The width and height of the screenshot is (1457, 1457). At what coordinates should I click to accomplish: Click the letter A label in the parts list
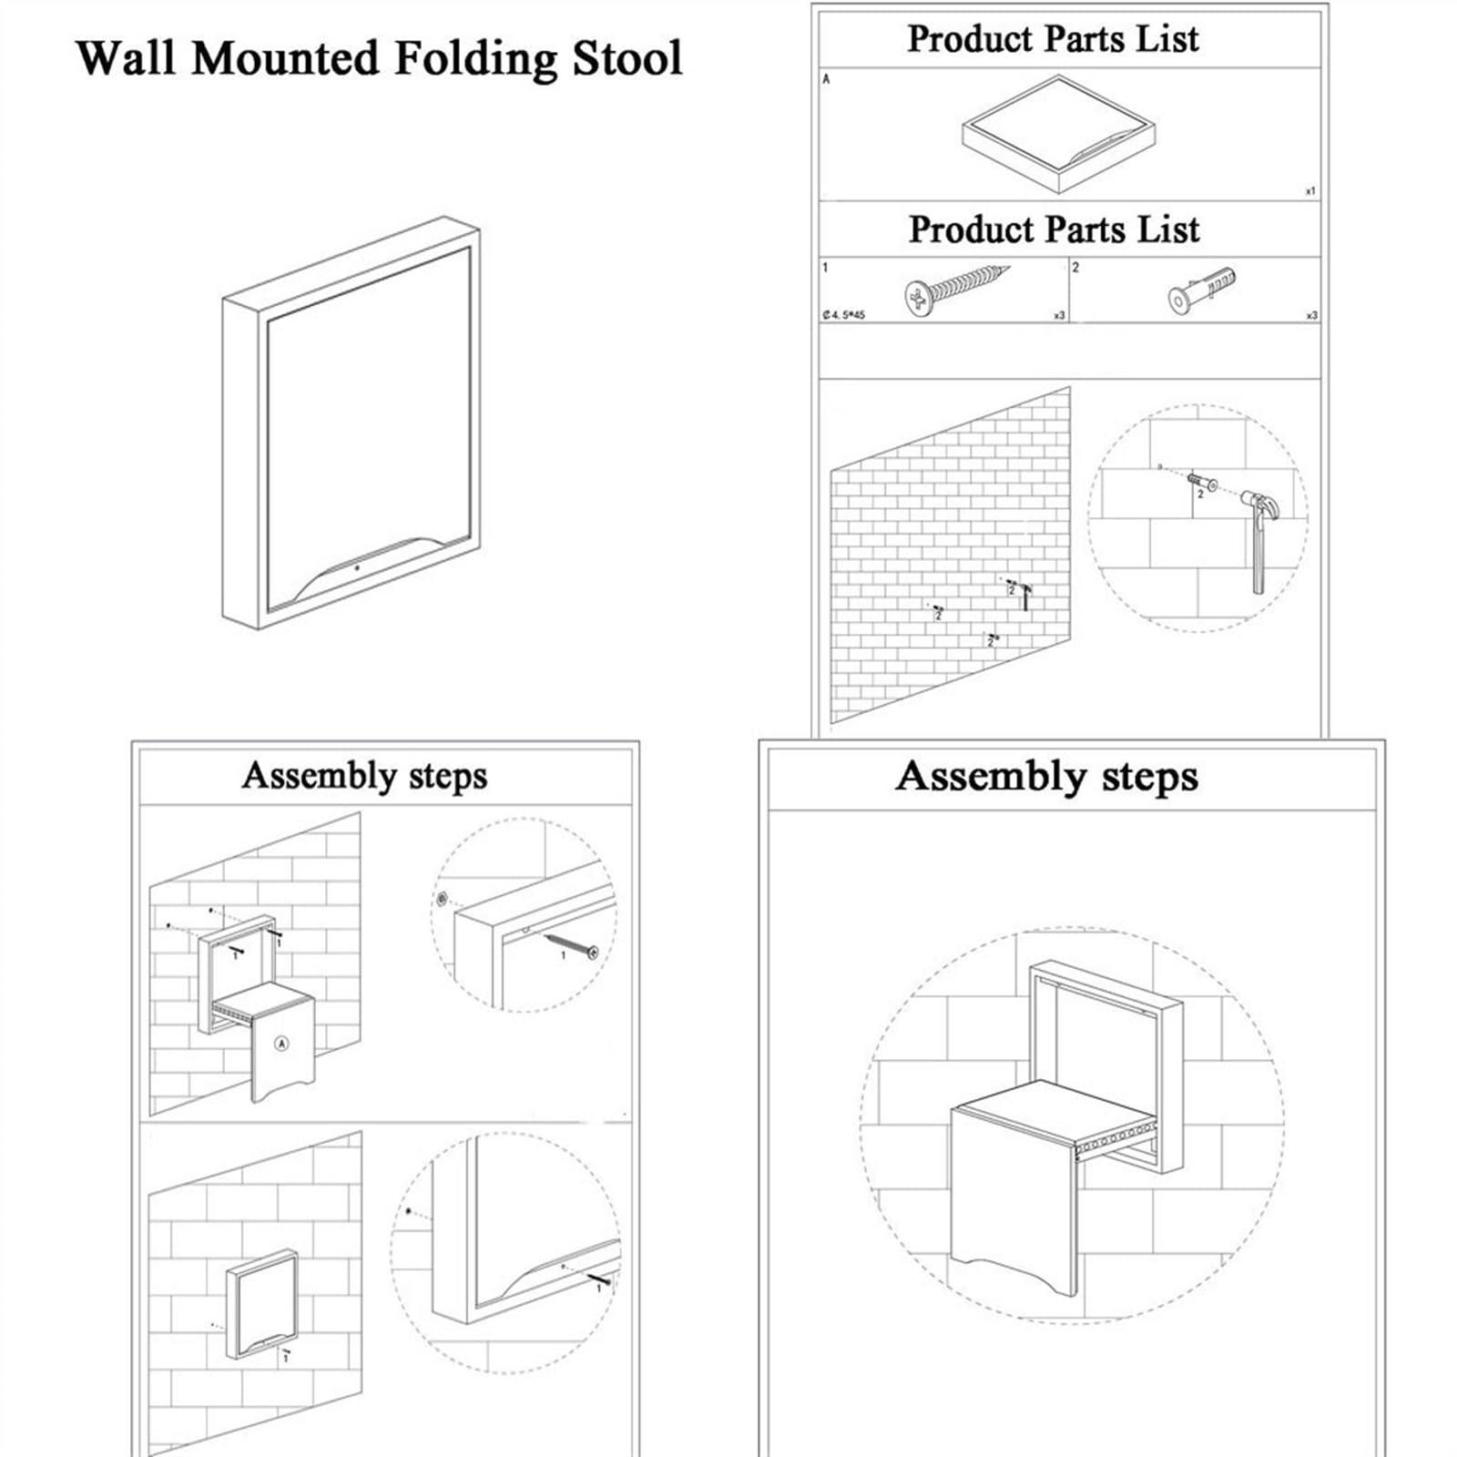pyautogui.click(x=826, y=79)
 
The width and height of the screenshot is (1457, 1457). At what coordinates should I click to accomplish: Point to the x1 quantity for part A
pyautogui.click(x=1309, y=191)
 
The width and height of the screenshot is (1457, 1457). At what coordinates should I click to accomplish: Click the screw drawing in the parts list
pyautogui.click(x=956, y=290)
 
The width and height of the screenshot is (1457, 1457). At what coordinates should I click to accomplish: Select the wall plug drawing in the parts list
pyautogui.click(x=1202, y=289)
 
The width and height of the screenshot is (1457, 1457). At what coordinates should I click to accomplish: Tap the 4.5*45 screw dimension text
pyautogui.click(x=844, y=315)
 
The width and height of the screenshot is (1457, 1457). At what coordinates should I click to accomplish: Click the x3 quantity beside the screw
pyautogui.click(x=1058, y=315)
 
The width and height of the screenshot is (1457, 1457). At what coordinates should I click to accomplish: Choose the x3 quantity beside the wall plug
pyautogui.click(x=1311, y=315)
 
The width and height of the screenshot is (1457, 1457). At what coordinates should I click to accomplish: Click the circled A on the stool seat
pyautogui.click(x=282, y=1044)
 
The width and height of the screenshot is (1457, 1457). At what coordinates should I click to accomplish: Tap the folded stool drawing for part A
pyautogui.click(x=1058, y=134)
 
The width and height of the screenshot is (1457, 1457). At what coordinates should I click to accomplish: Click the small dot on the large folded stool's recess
pyautogui.click(x=357, y=567)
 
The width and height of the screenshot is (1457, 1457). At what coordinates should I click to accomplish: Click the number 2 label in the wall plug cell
pyautogui.click(x=1075, y=268)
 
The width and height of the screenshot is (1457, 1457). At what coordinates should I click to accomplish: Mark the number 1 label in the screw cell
pyautogui.click(x=825, y=268)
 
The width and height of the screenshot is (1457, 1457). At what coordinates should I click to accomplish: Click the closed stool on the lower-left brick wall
pyautogui.click(x=262, y=1304)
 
